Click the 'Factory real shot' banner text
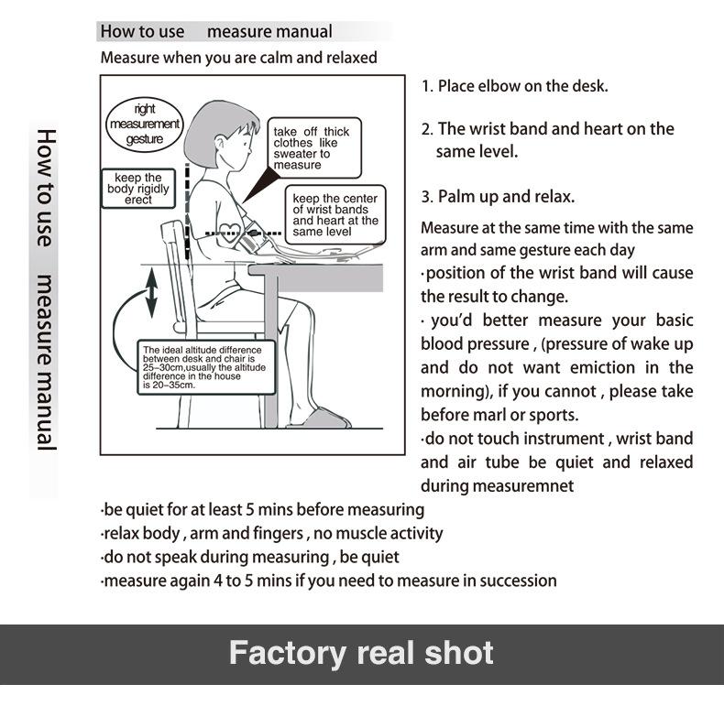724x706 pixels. click(x=361, y=654)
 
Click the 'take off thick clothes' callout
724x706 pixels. click(x=311, y=148)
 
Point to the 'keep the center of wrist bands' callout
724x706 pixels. click(x=335, y=215)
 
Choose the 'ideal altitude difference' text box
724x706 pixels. click(x=202, y=368)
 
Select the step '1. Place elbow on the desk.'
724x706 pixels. click(x=514, y=86)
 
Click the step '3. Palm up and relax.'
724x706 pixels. click(x=498, y=197)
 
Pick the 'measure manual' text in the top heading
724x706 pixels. click(x=269, y=31)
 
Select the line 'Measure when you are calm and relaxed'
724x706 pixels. click(x=238, y=58)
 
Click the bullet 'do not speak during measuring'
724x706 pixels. click(x=250, y=557)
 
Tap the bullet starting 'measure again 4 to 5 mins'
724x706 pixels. click(x=329, y=581)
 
